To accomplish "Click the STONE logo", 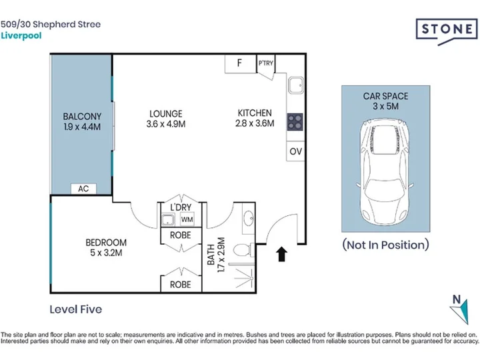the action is (x=446, y=30).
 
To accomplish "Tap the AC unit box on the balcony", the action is (x=83, y=189).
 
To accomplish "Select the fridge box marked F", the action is (x=240, y=64).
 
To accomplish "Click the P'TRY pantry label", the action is (x=266, y=63).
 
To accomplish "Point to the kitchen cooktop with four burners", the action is (x=295, y=122).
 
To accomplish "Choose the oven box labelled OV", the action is (x=295, y=151).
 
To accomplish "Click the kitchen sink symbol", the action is (x=296, y=85).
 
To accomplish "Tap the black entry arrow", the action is (x=281, y=255).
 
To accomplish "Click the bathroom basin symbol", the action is (x=248, y=218).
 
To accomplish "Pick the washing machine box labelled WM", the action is (x=187, y=219).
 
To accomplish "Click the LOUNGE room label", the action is (x=166, y=114).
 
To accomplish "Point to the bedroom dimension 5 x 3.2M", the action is (x=106, y=253).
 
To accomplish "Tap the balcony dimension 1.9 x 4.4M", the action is (x=82, y=127).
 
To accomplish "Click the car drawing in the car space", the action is (x=385, y=172).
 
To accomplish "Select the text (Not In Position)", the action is (x=386, y=245).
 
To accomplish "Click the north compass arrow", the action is (x=461, y=311).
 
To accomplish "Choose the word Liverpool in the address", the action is (x=21, y=36).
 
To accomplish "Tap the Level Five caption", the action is (x=75, y=309).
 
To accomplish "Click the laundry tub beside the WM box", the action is (x=168, y=220).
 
